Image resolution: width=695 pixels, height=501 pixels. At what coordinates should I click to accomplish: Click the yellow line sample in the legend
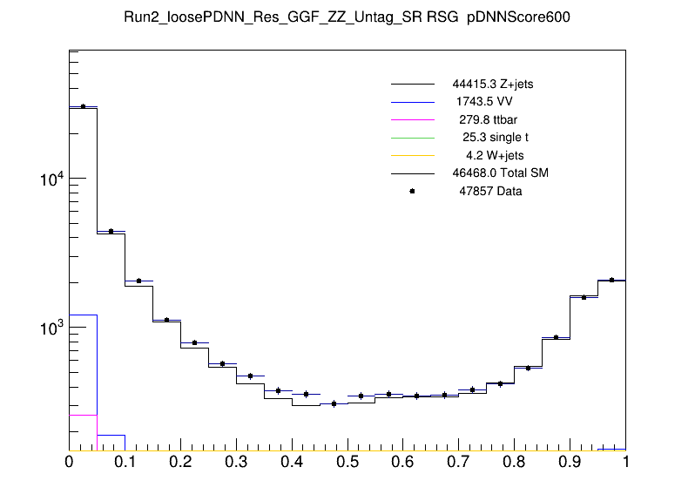(x=412, y=155)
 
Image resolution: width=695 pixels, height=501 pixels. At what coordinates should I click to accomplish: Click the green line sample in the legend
(x=412, y=137)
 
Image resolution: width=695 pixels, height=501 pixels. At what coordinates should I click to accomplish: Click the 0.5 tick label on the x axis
(x=347, y=463)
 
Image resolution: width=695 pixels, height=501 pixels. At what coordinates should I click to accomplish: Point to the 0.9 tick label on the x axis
(x=570, y=463)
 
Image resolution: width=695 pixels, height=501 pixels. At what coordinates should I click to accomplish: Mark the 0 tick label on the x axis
(x=69, y=463)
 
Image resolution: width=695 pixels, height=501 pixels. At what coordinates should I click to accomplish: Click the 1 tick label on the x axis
(x=625, y=463)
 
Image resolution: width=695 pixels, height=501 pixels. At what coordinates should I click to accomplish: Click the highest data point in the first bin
(x=83, y=106)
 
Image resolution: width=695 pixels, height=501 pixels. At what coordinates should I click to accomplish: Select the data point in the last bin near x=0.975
(x=611, y=280)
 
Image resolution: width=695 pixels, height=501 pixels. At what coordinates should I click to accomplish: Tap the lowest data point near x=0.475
(x=334, y=403)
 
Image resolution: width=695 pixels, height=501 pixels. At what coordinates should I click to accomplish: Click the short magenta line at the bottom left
(x=83, y=415)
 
